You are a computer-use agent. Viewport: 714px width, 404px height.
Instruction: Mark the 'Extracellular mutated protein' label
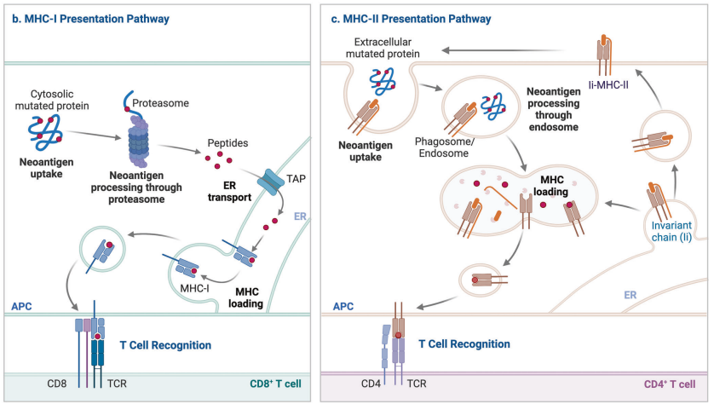click(389, 49)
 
